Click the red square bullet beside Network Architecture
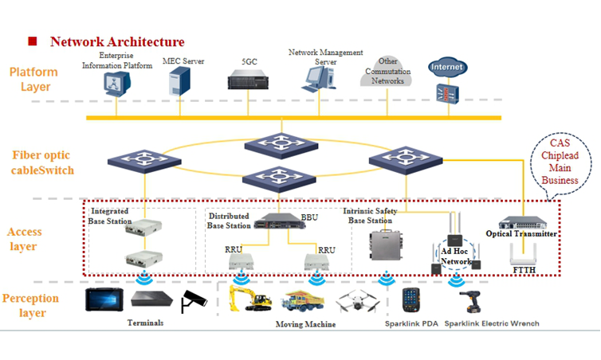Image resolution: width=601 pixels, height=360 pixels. [33, 41]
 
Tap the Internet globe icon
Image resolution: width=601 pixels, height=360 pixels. [446, 68]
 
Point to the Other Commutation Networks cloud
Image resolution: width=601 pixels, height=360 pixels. [389, 71]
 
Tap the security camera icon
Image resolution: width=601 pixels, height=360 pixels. [194, 300]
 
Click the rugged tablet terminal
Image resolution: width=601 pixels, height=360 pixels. [103, 299]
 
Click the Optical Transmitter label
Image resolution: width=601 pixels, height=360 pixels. [520, 233]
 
